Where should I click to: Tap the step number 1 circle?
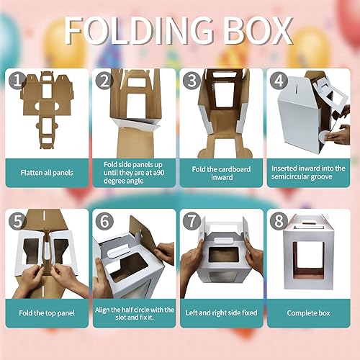[x=16, y=81]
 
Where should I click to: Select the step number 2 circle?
[x=103, y=81]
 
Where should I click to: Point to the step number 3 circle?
[x=189, y=81]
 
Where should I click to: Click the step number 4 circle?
[x=277, y=81]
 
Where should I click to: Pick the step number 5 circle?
[x=16, y=222]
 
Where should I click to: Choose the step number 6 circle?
[x=103, y=222]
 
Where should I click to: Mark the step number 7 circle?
[x=189, y=222]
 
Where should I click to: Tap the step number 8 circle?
[x=277, y=222]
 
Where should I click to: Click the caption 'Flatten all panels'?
[x=46, y=174]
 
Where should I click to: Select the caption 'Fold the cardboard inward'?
[x=221, y=174]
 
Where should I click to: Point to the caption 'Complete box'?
[x=308, y=313]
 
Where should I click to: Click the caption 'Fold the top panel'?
[x=46, y=313]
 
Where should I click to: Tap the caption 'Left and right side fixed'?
[x=221, y=313]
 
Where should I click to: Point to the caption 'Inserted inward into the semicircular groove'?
[x=308, y=174]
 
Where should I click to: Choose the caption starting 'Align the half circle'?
[x=134, y=313]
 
